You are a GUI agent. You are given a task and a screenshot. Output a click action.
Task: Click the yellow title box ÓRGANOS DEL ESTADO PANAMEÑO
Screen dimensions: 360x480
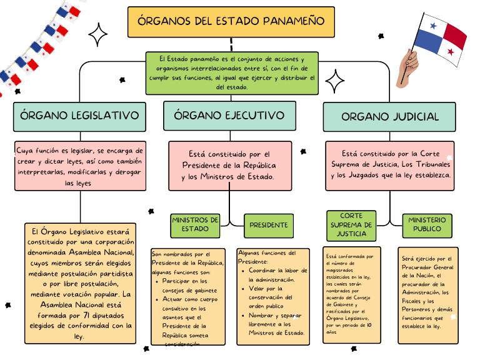pos(231,21)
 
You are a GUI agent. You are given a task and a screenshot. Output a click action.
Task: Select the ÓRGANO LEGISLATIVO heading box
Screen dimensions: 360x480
pos(79,116)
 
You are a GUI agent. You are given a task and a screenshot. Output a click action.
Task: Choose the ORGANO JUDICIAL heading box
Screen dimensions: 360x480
pos(389,116)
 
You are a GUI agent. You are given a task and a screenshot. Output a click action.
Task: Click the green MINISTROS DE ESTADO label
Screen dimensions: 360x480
pos(195,224)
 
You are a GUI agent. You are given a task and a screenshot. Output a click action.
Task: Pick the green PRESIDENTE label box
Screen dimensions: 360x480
pos(269,224)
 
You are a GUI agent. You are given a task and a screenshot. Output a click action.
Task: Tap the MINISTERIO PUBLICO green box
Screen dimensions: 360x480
pos(428,224)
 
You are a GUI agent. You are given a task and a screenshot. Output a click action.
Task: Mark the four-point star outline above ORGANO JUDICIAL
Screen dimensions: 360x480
pos(335,81)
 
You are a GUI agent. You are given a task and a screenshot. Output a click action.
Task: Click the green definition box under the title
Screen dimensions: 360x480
pos(231,72)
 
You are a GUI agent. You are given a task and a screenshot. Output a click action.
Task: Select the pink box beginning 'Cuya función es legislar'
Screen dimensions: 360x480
pos(79,166)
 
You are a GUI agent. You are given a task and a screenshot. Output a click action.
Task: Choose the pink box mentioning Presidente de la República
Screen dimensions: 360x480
pos(230,166)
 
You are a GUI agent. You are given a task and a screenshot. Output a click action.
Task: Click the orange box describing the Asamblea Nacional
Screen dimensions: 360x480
pos(79,282)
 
